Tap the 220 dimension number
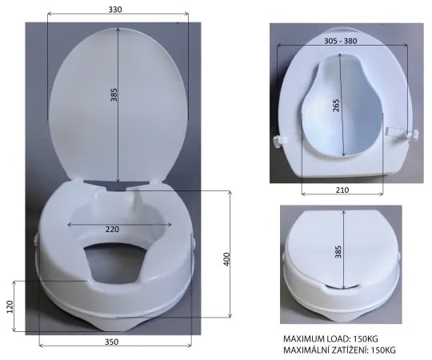(112, 229)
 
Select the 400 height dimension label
(226, 259)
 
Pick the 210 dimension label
(342, 190)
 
